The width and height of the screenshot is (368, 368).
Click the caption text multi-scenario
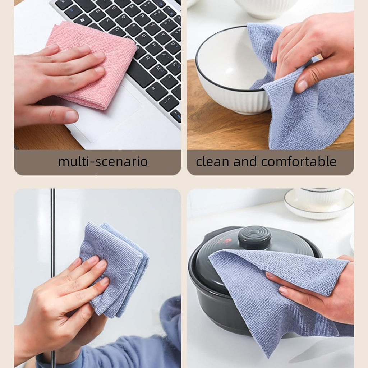pyautogui.click(x=103, y=162)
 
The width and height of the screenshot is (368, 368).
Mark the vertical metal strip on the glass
pyautogui.click(x=53, y=230)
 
